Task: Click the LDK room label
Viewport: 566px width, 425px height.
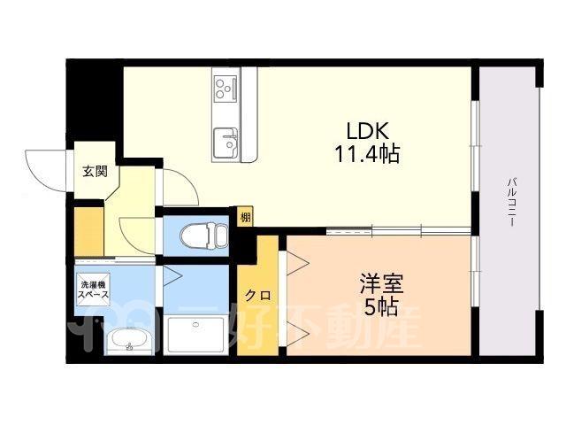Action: (x=368, y=131)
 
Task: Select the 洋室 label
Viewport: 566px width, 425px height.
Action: (x=381, y=283)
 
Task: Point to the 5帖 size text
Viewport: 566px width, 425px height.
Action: (x=381, y=307)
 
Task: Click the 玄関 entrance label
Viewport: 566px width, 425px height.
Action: (x=96, y=171)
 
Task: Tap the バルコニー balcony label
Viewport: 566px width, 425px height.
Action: (x=511, y=202)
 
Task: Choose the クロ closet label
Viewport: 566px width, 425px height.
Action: (x=257, y=296)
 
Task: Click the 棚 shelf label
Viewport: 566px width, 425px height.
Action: (x=246, y=218)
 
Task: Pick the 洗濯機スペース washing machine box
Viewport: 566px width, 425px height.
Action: (x=93, y=290)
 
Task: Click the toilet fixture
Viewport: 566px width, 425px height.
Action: (x=204, y=236)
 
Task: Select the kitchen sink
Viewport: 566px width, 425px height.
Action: (x=226, y=143)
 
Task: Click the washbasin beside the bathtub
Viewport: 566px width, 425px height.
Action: (x=129, y=340)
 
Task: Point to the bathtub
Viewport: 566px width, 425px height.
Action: (x=195, y=335)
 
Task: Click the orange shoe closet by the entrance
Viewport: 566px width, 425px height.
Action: (x=89, y=231)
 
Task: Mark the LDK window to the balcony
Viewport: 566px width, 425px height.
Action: (x=476, y=145)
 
